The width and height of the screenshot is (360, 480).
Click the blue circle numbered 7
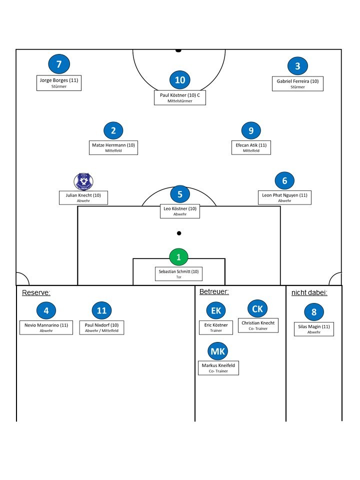pos(59,64)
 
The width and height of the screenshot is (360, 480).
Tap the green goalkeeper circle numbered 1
pos(178,257)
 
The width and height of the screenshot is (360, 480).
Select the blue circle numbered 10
pos(180,80)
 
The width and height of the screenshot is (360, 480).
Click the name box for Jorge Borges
pos(59,83)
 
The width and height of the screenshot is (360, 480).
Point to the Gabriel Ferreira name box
pos(297,83)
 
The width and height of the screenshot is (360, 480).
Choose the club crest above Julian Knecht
pos(83,181)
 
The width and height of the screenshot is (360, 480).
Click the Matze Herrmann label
pos(113,147)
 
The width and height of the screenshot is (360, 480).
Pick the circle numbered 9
pos(251,130)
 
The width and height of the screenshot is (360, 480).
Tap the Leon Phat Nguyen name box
pos(285,197)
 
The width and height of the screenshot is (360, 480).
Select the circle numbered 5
pos(180,194)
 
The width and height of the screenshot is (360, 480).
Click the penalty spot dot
pos(179,233)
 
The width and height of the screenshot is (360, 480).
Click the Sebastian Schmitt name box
pos(178,274)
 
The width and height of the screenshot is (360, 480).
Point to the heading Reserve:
pos(36,292)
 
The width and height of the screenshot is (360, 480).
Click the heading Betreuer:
pos(214,291)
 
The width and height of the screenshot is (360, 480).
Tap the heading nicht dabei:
pos(309,292)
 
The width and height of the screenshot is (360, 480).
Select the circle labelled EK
pos(215,310)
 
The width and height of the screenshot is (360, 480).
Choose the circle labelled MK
pos(218,351)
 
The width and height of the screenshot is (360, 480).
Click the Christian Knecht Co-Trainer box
pos(258,325)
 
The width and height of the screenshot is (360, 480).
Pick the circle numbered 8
pos(314,312)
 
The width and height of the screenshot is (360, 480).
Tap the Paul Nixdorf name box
pos(101,327)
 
